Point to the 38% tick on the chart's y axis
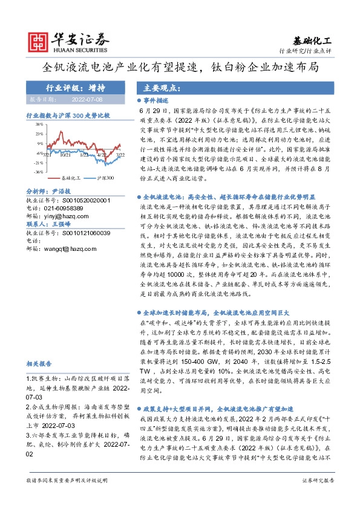38,125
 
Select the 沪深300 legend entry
106,179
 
